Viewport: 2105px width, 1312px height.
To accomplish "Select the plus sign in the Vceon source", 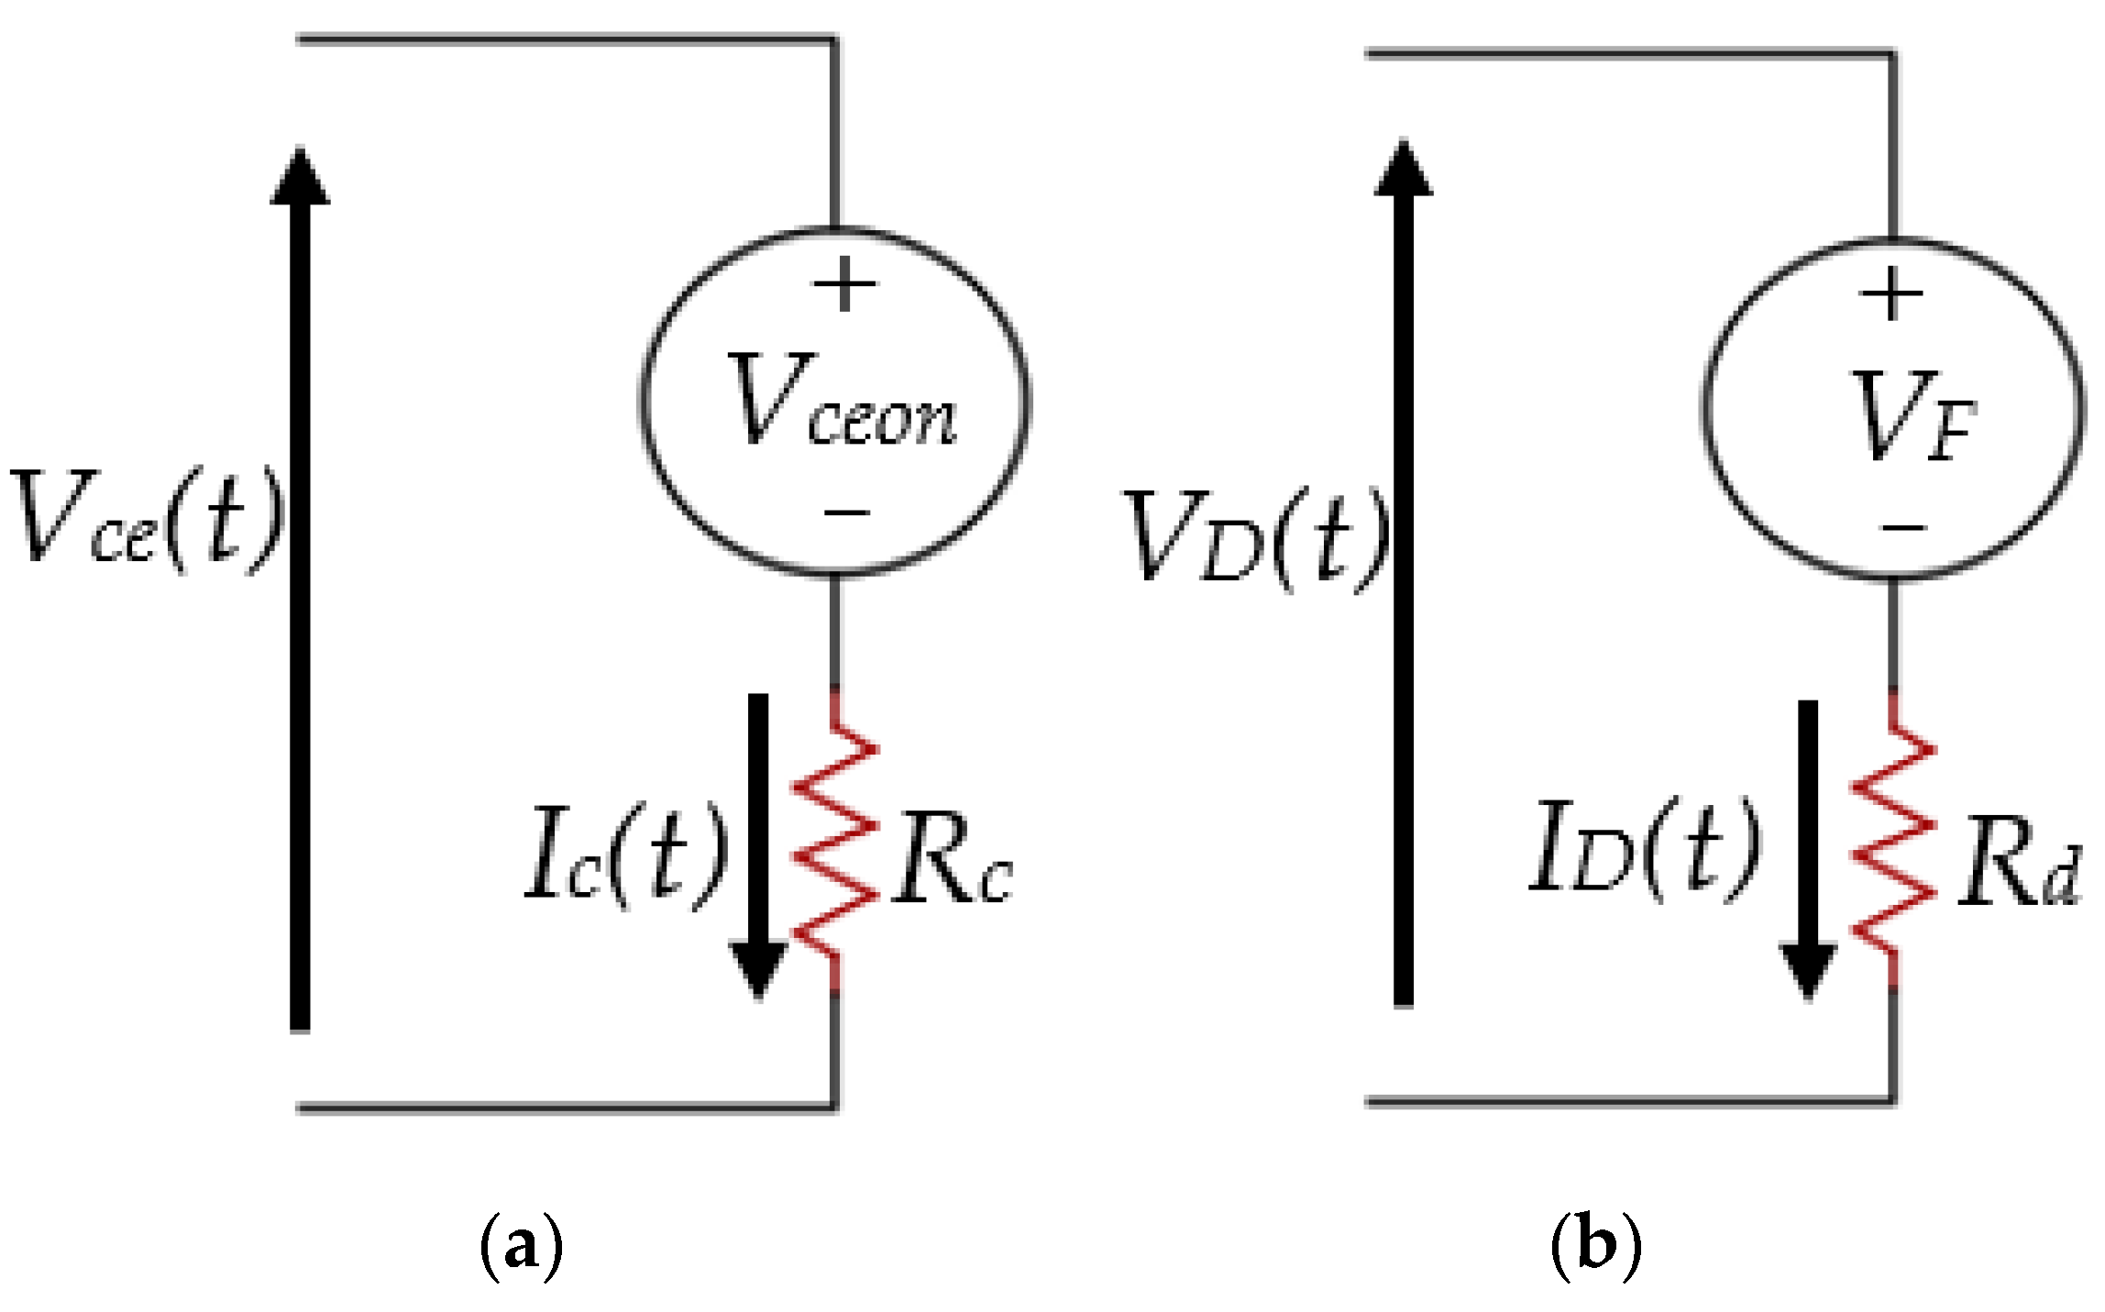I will click(844, 285).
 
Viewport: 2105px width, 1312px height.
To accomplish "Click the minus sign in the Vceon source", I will click(846, 513).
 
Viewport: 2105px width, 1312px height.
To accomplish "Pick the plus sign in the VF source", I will click(1890, 295).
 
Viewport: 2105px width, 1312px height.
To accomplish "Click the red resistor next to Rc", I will click(835, 839).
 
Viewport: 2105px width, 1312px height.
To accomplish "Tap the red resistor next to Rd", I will click(1893, 839).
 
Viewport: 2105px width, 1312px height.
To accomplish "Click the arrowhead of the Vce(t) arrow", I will click(300, 177).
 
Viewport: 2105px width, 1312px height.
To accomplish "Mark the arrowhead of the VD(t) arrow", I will click(1403, 170).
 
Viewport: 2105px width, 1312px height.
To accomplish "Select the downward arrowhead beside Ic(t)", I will click(758, 967).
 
